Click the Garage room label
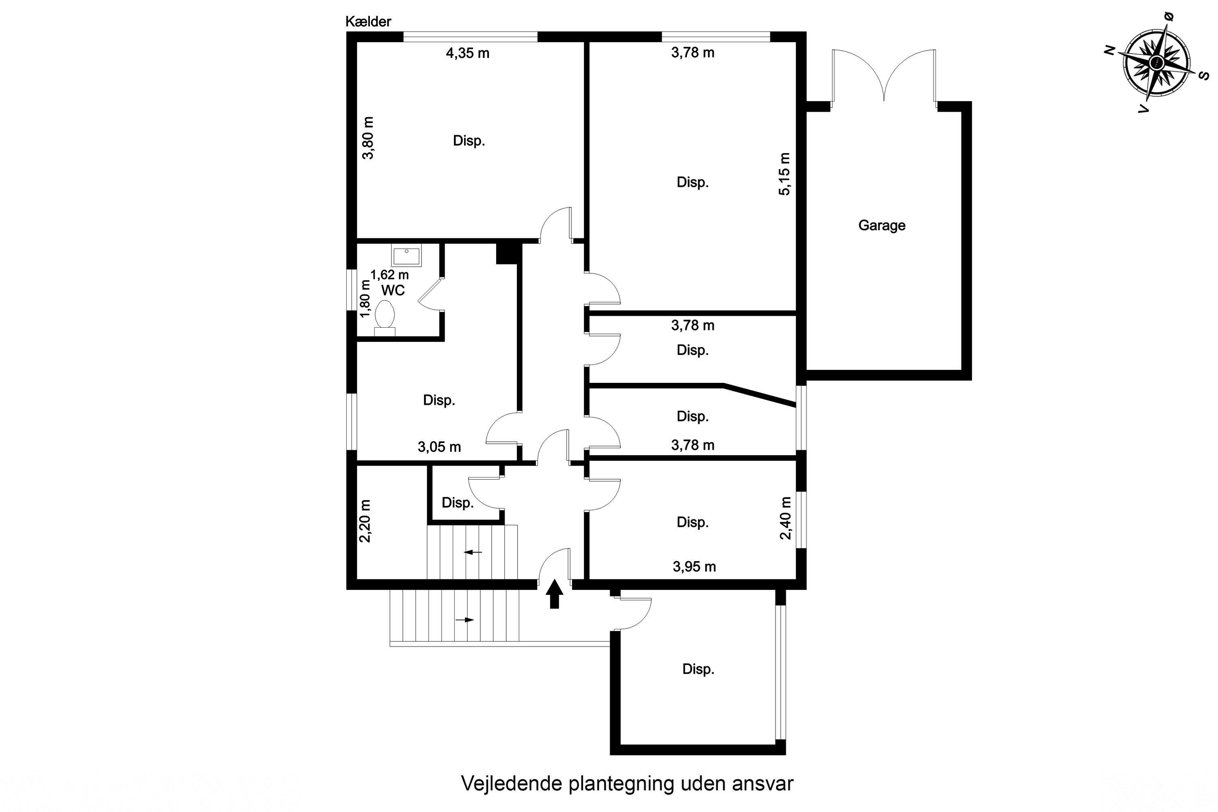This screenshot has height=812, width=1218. coord(881,225)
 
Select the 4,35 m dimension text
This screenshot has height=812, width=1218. coord(468,53)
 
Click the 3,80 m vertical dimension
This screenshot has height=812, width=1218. coord(368,138)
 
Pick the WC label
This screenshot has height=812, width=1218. coord(393,291)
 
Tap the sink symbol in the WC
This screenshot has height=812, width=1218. coord(406,256)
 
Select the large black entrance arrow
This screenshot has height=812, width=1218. coord(554,594)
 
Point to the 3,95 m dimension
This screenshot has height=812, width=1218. coord(694,566)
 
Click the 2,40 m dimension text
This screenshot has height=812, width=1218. coord(786,518)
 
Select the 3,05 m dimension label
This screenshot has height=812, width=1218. coord(439,447)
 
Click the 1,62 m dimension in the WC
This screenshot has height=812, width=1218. coord(389,275)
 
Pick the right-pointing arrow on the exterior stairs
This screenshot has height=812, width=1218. coord(464,620)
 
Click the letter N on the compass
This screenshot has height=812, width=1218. coord(1109,50)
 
